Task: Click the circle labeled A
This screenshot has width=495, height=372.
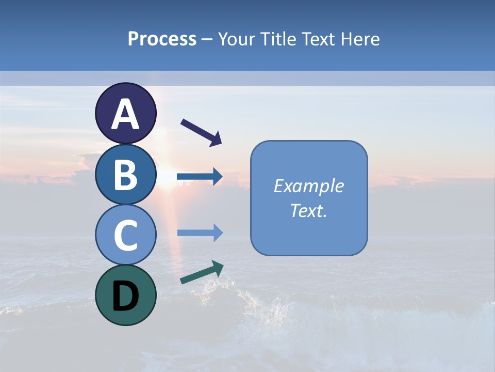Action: pyautogui.click(x=126, y=114)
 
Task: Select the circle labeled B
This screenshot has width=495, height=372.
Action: pyautogui.click(x=126, y=175)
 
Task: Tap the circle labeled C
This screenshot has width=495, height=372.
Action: pyautogui.click(x=126, y=235)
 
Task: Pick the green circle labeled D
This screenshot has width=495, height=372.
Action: pyautogui.click(x=126, y=295)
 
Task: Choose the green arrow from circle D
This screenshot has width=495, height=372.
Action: pyautogui.click(x=202, y=273)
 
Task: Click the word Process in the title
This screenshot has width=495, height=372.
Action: pyautogui.click(x=162, y=39)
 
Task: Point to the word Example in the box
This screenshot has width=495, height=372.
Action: pyautogui.click(x=309, y=186)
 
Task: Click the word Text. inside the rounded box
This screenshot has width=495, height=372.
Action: pyautogui.click(x=309, y=210)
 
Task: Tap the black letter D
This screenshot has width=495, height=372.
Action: pyautogui.click(x=126, y=297)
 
